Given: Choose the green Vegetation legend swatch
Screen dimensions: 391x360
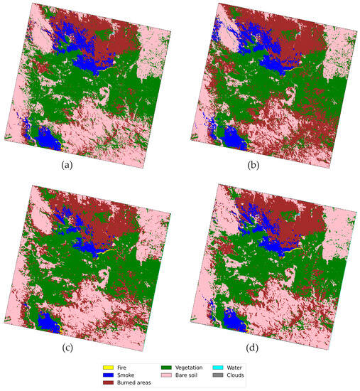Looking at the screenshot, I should tap(175, 368).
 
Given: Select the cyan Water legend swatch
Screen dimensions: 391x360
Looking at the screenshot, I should tap(229, 368).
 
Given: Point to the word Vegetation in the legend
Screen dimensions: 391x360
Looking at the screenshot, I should tap(200, 368).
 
